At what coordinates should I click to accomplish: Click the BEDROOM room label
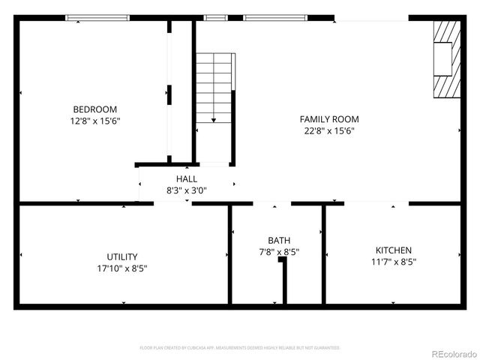(94, 109)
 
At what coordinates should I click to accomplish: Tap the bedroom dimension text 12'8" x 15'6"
(94, 120)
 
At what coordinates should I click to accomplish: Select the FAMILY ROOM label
(329, 119)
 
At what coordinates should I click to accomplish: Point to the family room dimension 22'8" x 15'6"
(329, 130)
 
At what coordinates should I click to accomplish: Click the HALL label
(187, 179)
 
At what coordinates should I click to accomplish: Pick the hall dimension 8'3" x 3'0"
(187, 190)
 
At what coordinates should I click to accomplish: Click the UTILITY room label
(122, 256)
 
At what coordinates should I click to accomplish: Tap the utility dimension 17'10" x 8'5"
(122, 268)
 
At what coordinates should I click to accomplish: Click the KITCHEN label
(394, 250)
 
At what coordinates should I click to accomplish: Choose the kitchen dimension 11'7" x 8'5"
(394, 262)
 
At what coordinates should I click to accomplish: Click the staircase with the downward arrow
(214, 86)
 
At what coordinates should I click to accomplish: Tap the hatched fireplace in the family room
(446, 58)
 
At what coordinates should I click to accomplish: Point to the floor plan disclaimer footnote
(240, 348)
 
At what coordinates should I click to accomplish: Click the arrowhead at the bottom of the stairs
(214, 118)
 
